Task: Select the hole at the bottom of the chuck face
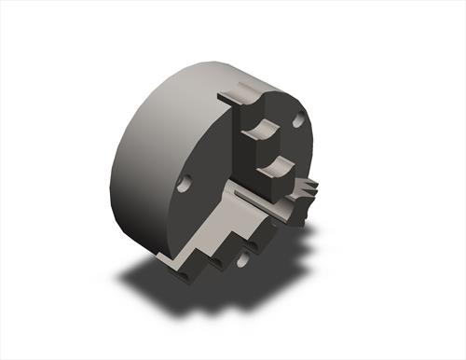[244, 260]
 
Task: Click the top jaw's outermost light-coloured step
[240, 94]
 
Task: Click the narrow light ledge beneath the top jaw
[256, 195]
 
